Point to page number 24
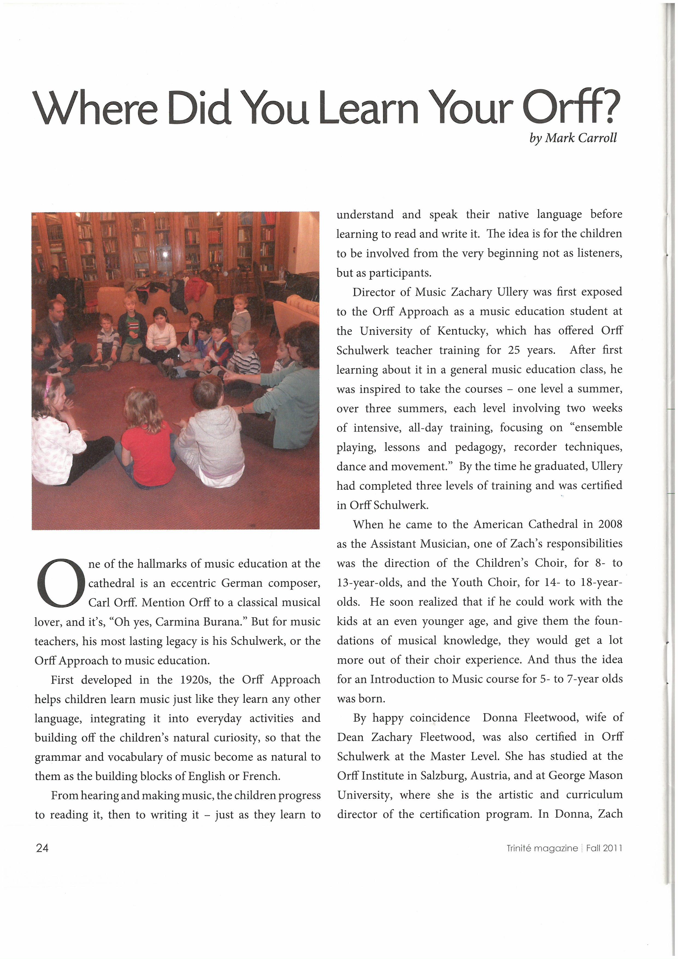point(42,848)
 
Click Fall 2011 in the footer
point(604,848)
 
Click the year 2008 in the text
point(610,524)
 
